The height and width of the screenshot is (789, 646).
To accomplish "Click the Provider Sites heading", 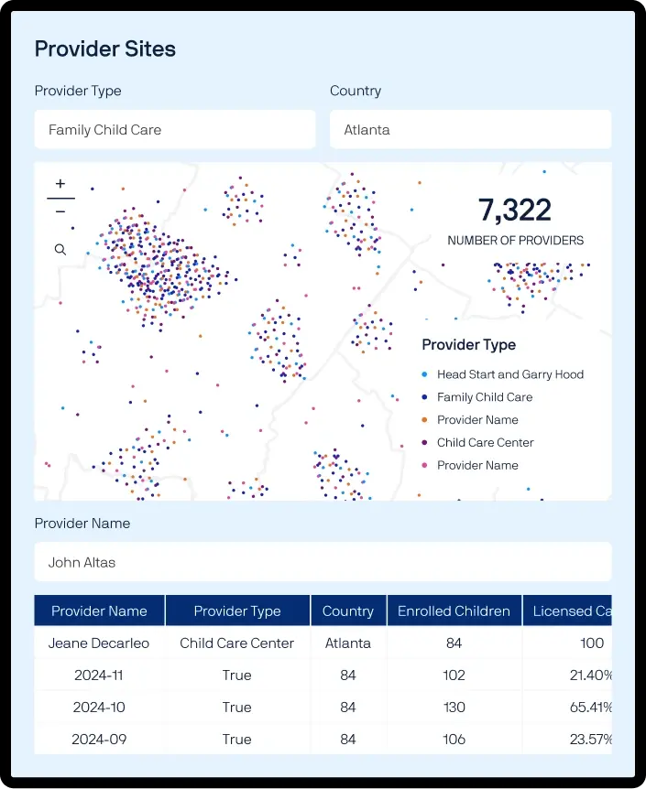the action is click(x=104, y=49).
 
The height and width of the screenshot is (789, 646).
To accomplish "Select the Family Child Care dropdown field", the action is click(x=175, y=129).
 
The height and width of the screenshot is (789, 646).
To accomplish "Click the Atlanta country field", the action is click(x=471, y=129).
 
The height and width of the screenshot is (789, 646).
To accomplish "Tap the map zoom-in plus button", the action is click(x=60, y=184).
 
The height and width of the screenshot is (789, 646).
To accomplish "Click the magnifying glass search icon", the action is click(x=60, y=249).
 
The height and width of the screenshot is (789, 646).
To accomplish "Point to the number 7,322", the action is click(x=514, y=210).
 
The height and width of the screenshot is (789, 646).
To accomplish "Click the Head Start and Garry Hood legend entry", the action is click(x=503, y=374).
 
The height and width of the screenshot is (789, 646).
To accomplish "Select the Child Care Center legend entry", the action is click(x=477, y=442).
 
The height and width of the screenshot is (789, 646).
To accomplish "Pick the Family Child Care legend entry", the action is click(x=477, y=397).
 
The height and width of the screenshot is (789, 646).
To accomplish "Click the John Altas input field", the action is click(x=323, y=562).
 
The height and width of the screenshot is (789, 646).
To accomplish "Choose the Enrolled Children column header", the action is click(x=454, y=611).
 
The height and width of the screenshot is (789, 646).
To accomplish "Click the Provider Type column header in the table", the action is click(x=237, y=611).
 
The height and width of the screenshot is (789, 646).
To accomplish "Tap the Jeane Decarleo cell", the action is click(x=99, y=643).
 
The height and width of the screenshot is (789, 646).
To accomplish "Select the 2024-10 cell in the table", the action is click(x=99, y=707).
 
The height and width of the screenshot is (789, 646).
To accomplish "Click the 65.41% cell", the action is click(x=591, y=707).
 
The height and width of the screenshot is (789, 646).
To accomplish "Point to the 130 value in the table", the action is click(x=454, y=707).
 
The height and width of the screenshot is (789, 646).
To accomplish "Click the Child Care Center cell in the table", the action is click(x=236, y=643).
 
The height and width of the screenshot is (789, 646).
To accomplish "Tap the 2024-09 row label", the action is click(x=99, y=740).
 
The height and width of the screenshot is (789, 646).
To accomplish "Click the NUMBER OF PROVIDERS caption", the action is click(x=516, y=241).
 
